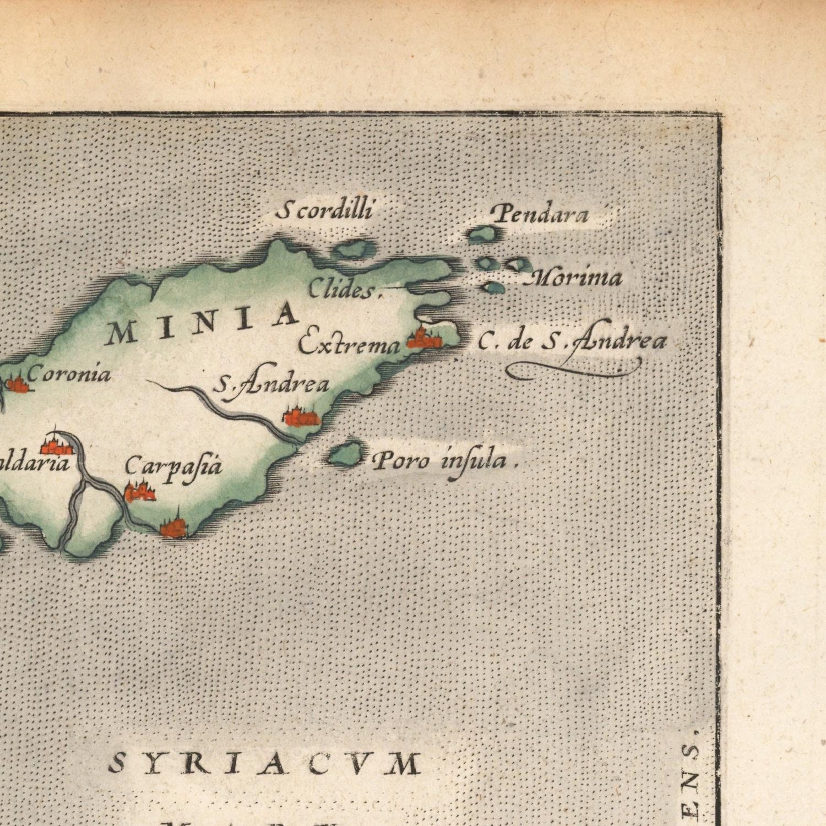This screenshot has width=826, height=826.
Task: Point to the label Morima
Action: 576,278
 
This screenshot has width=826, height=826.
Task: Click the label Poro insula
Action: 445,460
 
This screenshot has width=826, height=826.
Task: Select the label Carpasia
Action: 173,467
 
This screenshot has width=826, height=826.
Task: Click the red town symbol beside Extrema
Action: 425,339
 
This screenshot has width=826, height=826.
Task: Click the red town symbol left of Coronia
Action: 17,383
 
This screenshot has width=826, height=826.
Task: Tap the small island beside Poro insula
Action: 345,455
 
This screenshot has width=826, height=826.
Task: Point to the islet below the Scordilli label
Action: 355,250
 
